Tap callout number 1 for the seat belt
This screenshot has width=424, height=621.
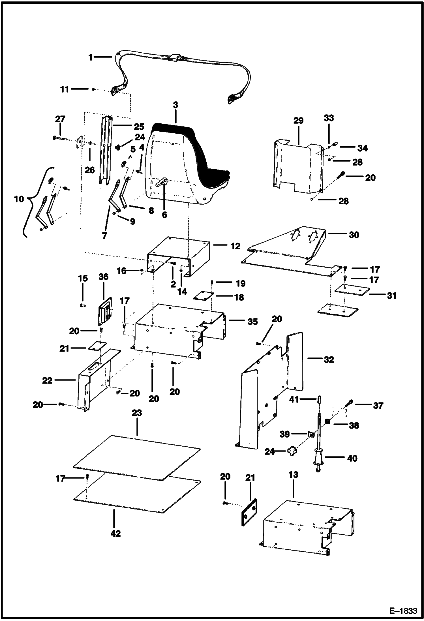pyautogui.click(x=91, y=57)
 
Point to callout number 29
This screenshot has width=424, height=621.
pyautogui.click(x=298, y=121)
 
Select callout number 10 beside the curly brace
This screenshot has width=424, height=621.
pyautogui.click(x=19, y=199)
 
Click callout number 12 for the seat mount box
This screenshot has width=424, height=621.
pyautogui.click(x=235, y=246)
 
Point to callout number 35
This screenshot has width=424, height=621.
pyautogui.click(x=252, y=322)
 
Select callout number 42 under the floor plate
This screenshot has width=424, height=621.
pyautogui.click(x=115, y=534)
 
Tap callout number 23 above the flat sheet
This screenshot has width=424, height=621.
pyautogui.click(x=137, y=413)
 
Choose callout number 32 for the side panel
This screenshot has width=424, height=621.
pyautogui.click(x=329, y=360)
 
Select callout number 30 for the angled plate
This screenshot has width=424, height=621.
pyautogui.click(x=354, y=235)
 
